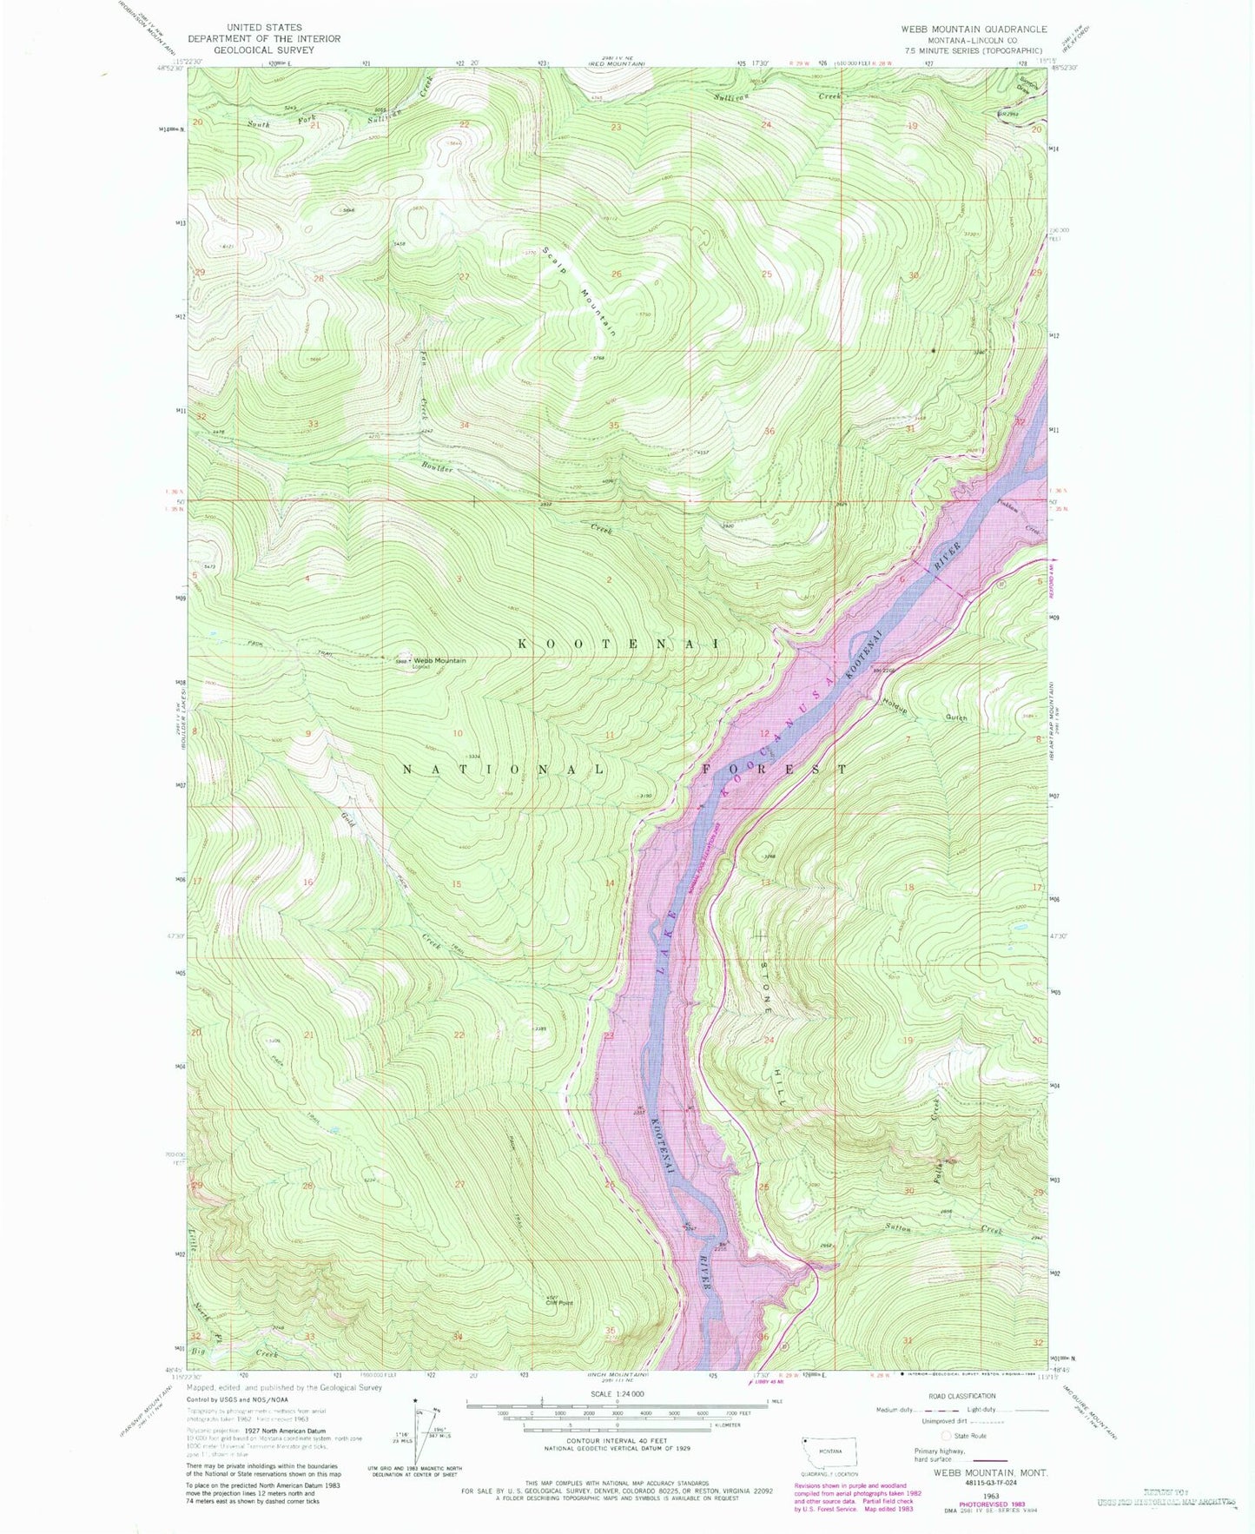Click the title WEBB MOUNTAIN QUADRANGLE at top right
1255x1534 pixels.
tap(973, 29)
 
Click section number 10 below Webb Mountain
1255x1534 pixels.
tap(457, 733)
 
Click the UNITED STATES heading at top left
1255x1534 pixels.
tap(263, 28)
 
